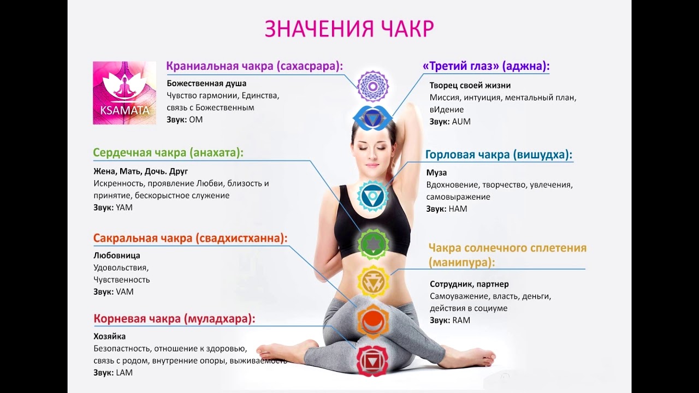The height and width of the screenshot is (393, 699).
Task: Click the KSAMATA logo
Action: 124,93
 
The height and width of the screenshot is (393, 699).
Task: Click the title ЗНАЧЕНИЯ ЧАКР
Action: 349,29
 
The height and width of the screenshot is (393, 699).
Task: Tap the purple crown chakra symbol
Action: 373,86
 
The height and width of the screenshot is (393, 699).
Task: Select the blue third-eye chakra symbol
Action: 372,118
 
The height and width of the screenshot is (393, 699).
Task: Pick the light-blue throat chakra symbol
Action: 373,196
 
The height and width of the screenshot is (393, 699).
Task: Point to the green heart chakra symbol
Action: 373,244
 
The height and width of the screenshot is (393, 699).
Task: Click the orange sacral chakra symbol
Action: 373,322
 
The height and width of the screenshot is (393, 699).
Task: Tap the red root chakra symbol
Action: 372,361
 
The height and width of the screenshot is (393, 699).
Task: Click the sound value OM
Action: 196,120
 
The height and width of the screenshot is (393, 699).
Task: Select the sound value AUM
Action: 461,121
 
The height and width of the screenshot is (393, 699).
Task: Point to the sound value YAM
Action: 124,207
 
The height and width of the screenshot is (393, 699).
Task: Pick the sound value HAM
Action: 458,209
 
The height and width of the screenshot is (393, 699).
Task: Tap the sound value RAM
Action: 461,320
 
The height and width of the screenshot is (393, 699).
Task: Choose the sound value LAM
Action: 124,372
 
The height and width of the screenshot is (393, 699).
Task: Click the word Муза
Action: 436,172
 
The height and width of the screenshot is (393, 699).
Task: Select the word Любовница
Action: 117,255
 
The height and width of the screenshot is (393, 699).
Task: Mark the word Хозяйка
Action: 110,336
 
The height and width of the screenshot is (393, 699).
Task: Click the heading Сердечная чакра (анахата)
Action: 168,153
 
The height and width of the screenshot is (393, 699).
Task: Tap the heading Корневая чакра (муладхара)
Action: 174,319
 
